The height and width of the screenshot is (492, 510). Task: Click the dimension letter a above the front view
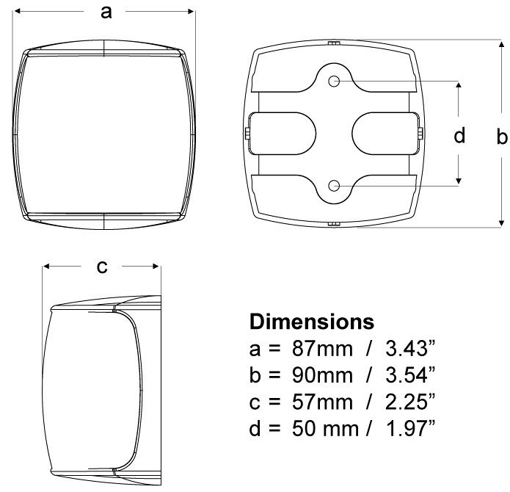tap(106, 13)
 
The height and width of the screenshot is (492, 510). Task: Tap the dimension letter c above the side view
tap(102, 267)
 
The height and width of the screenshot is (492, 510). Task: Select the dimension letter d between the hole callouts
tap(459, 135)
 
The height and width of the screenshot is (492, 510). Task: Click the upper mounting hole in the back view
tap(334, 81)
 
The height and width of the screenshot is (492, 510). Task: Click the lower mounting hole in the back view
tap(334, 186)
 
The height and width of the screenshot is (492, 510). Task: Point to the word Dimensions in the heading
tap(312, 322)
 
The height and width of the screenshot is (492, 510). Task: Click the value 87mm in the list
tap(322, 349)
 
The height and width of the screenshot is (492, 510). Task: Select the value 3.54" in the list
tap(410, 375)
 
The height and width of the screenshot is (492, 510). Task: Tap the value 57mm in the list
tap(322, 402)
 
